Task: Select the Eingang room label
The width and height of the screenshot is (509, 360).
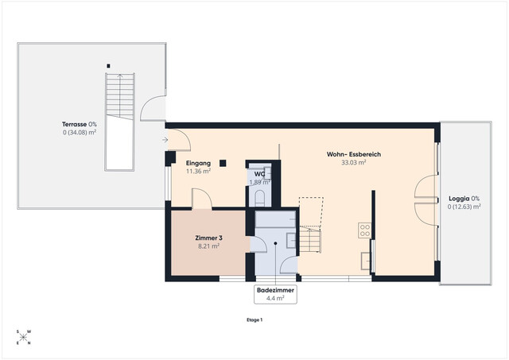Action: [199, 163]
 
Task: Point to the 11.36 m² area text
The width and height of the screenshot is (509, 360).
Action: [199, 171]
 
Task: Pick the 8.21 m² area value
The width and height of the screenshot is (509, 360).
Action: [208, 246]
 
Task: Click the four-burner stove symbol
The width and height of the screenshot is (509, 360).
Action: [364, 231]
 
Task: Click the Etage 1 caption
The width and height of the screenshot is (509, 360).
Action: [254, 319]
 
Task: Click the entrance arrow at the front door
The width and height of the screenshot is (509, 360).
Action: [164, 140]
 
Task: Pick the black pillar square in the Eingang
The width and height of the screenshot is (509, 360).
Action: [223, 164]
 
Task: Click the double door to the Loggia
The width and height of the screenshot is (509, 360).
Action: [427, 199]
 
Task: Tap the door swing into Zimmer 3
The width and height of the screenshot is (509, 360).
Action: [201, 199]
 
